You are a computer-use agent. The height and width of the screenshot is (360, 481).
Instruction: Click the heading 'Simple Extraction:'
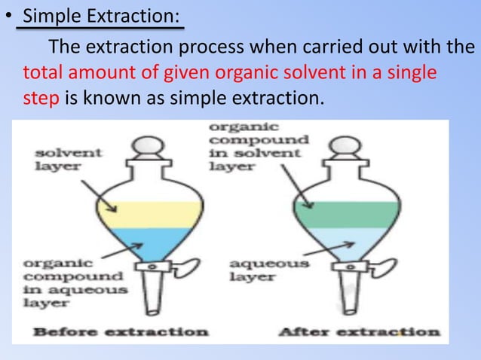[x=103, y=15]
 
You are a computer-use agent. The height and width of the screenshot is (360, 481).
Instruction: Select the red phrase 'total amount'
[x=68, y=74]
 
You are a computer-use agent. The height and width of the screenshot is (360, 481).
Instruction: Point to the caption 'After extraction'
[x=360, y=331]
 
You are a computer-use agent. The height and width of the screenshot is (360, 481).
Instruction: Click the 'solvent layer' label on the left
[x=59, y=160]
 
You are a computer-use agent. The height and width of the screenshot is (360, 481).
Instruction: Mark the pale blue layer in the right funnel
[x=347, y=243]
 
